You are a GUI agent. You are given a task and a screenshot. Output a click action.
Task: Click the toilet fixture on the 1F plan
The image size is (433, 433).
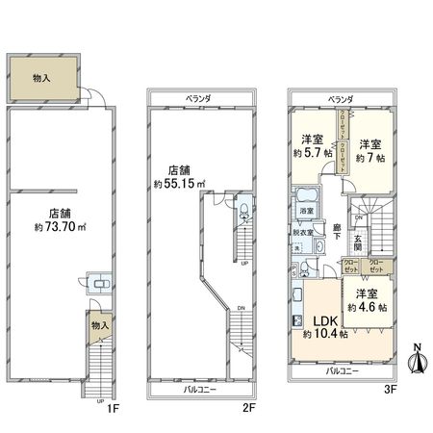[97, 283]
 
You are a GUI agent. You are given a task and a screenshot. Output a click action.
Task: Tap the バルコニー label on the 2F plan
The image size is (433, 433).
[200, 391]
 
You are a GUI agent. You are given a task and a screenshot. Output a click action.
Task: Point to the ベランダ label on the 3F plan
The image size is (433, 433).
[339, 98]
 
